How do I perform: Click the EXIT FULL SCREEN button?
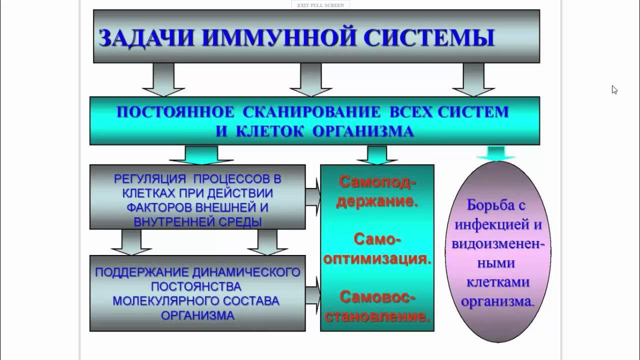pos(320,5)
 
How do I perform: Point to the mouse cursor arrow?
pos(614,90)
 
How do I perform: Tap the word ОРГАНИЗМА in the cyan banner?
pos(363,131)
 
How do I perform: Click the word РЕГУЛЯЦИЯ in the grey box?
pos(149,179)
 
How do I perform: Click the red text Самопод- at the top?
pos(377,182)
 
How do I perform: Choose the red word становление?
pos(377,316)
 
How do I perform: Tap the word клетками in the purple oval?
pos(497,282)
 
